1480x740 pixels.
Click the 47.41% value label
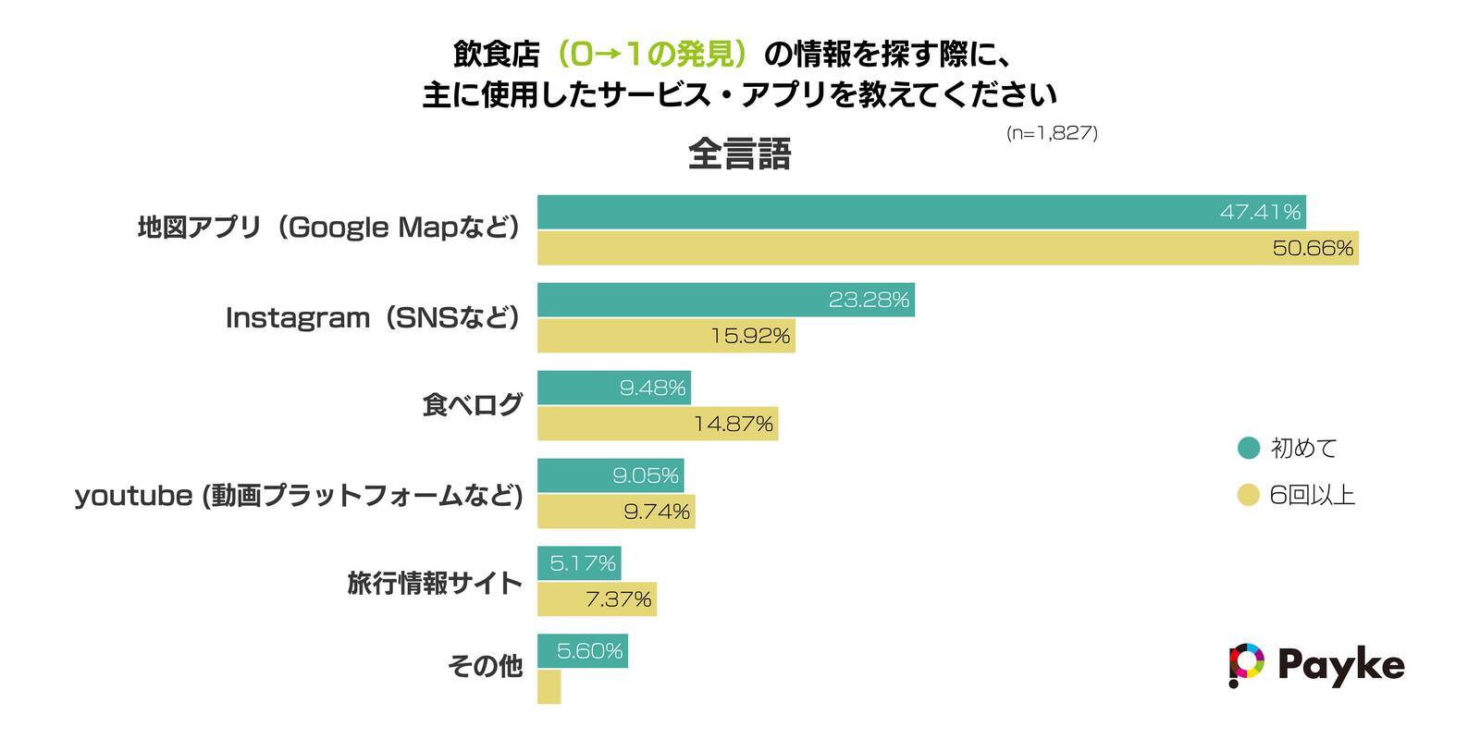(1260, 212)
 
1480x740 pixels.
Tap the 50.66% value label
(1313, 248)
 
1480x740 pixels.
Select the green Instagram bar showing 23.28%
(725, 300)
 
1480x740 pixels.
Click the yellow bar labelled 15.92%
(666, 336)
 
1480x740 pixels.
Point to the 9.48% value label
(652, 388)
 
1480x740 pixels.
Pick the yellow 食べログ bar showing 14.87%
(657, 424)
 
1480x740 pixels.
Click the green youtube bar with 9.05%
(610, 475)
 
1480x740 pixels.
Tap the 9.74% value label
(657, 512)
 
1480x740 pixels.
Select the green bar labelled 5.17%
(579, 562)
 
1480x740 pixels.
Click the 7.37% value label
(618, 599)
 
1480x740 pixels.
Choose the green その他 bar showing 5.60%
(583, 651)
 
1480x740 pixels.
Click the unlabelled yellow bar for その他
(549, 686)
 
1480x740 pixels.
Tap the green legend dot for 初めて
(1249, 448)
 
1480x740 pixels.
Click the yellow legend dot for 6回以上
(1249, 496)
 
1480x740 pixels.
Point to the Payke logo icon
(1245, 664)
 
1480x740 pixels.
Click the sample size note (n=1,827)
(1052, 133)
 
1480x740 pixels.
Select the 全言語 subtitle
(739, 154)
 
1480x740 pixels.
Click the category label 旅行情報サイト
(435, 583)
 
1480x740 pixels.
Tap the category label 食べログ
(472, 405)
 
